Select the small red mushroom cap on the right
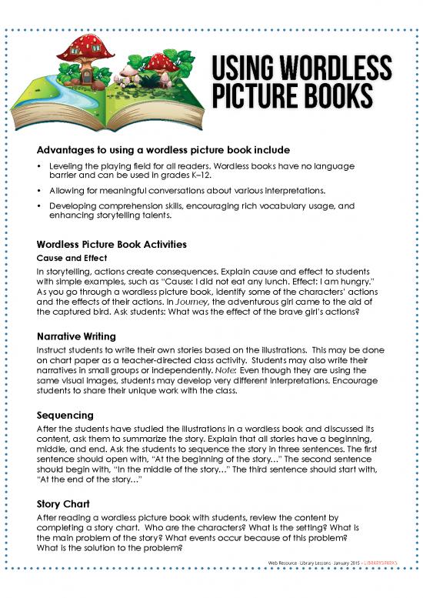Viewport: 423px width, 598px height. coord(161,62)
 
